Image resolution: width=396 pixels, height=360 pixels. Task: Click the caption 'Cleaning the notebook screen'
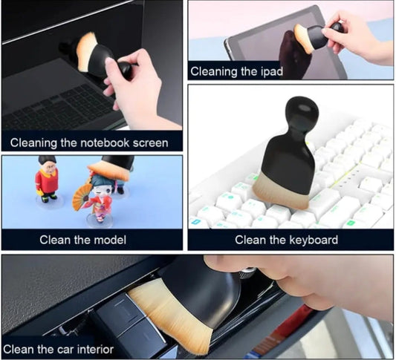click(89, 143)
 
